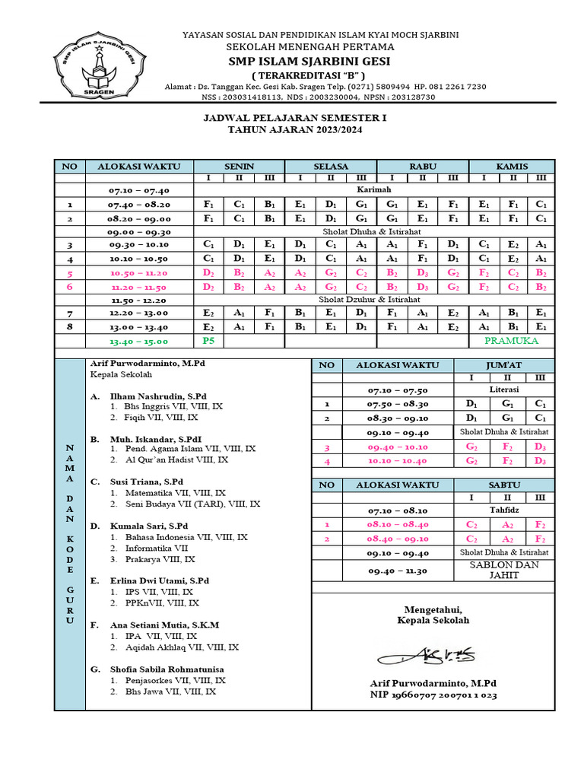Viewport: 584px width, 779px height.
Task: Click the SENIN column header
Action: (239, 166)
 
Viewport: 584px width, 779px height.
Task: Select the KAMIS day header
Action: (512, 166)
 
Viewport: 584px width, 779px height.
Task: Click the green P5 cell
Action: (208, 341)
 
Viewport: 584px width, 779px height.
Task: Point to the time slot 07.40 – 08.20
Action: (139, 205)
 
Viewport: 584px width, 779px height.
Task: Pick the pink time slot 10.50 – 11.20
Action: (139, 272)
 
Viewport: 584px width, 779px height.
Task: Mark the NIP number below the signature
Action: (433, 695)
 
